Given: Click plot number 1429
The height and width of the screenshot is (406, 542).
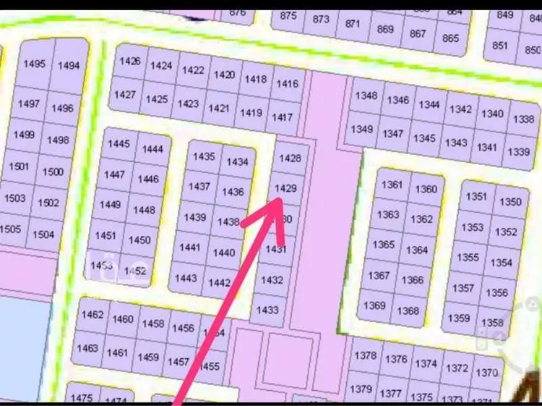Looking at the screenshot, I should pos(287,188).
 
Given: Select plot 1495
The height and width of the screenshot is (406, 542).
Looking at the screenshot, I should pos(34,64).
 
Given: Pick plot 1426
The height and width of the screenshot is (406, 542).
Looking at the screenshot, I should pos(130,62).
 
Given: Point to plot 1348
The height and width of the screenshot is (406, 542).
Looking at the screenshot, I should pos(366,96).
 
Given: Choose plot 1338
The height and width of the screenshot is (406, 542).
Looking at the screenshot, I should pos(524,119).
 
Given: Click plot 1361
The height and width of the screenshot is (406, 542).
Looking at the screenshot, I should pos(392,185).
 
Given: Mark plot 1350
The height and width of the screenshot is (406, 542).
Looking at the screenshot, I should pos(510,202).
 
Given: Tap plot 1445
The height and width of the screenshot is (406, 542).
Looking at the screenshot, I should pos(119,143).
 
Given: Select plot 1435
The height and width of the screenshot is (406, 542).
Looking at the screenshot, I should pos(204,156).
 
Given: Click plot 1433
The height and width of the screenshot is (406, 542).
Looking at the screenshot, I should pos(267,310).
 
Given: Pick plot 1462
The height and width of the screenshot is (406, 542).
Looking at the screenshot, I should pos(93,316).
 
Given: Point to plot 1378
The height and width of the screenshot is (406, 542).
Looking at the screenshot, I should pos(366,355).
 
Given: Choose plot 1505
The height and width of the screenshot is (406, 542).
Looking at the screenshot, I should pos(10,229).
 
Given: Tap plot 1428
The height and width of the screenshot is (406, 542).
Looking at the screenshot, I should pos(289,158).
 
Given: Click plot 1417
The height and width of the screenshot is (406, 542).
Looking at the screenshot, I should pos(283,117).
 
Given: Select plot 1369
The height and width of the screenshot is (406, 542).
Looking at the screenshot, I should pos(374,305).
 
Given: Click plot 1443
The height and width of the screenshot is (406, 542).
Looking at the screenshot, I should pos(186,278).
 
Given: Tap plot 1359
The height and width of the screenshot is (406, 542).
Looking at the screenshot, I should pos(458,318).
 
